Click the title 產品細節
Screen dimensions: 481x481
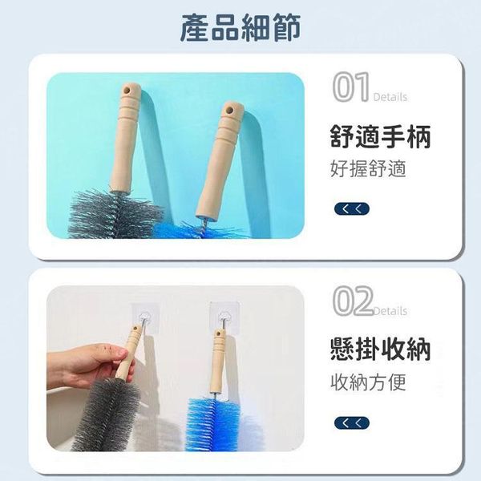[240, 28]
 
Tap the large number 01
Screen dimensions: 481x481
[351, 87]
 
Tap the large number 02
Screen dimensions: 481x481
[353, 301]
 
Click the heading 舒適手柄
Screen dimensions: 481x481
[380, 136]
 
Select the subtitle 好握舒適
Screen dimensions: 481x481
[368, 168]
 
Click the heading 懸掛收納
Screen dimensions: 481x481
[380, 349]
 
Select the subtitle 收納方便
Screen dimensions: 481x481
[368, 382]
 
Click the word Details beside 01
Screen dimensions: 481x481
[390, 97]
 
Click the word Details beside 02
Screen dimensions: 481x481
[390, 311]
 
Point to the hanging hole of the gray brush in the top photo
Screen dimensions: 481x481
[126, 91]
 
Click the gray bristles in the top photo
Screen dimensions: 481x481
[114, 214]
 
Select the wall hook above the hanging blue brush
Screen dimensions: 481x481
[224, 316]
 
